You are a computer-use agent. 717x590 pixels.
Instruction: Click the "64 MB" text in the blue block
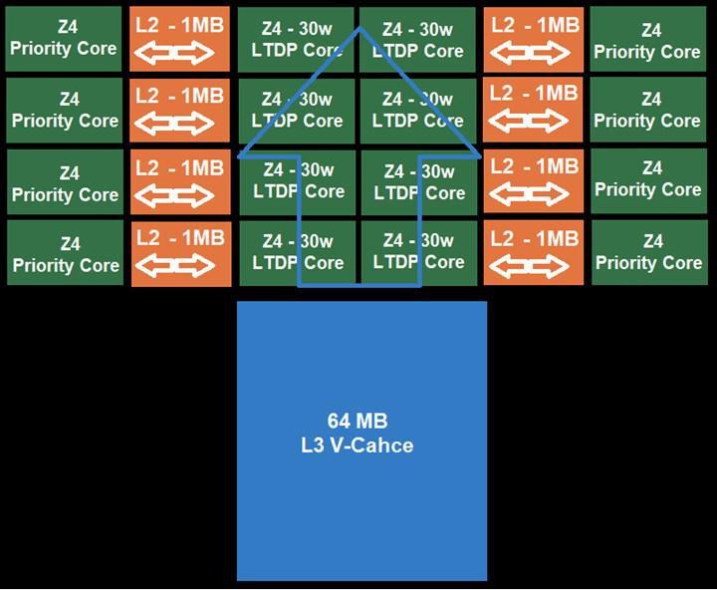358,422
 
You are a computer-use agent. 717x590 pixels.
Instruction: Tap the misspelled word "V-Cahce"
371,445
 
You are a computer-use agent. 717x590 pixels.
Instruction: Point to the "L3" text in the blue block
313,445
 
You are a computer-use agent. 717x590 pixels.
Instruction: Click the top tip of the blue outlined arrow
359,28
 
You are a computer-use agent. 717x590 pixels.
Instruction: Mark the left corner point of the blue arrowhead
239,156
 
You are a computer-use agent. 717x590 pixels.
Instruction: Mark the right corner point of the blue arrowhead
481,156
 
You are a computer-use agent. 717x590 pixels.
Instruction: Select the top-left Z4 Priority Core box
64,39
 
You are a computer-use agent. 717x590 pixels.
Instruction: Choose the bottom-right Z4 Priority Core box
649,253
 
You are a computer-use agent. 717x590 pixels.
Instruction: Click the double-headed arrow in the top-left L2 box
174,52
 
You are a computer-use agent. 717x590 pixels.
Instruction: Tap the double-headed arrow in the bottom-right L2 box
530,265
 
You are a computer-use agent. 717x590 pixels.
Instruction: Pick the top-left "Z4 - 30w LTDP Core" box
296,39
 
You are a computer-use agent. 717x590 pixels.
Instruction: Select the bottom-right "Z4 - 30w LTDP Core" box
419,253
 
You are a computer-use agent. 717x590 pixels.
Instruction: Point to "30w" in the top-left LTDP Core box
315,29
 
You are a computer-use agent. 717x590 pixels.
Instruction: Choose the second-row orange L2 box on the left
179,111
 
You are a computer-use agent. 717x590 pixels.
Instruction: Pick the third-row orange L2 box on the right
534,180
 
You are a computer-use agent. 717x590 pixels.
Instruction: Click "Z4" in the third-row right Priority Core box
651,168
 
